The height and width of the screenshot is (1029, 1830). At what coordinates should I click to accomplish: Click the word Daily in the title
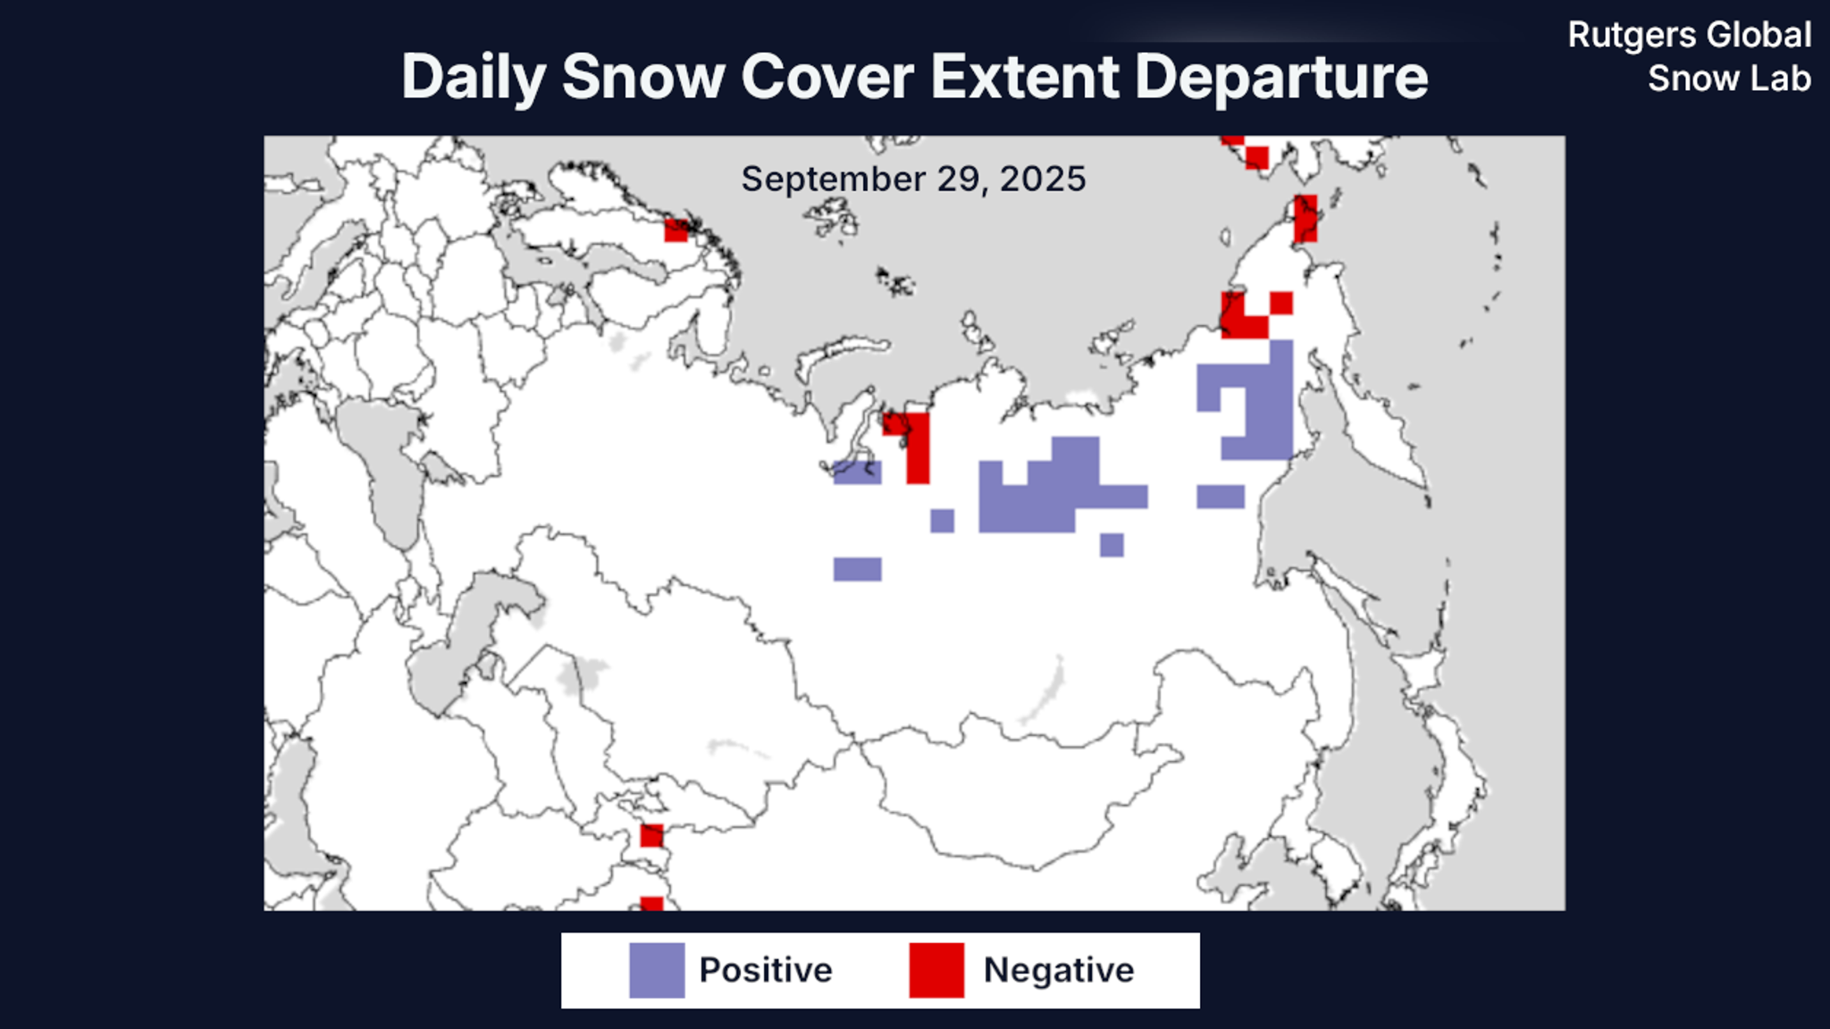pos(473,77)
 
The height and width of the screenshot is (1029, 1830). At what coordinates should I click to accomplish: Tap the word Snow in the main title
pos(642,77)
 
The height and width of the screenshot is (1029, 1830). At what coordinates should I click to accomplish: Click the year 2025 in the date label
pos(1043,179)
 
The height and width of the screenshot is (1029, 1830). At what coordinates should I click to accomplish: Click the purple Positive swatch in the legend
pos(657,970)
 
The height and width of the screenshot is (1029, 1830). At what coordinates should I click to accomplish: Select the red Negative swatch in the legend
pos(936,970)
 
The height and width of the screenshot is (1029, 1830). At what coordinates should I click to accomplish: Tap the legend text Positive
pos(766,970)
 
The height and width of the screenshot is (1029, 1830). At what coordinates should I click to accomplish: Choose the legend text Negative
pos(1059,970)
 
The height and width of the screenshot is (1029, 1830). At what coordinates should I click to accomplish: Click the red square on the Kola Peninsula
pos(676,230)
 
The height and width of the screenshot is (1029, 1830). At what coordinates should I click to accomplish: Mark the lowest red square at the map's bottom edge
pos(651,904)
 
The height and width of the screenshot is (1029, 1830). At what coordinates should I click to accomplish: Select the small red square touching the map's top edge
pos(1233,139)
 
